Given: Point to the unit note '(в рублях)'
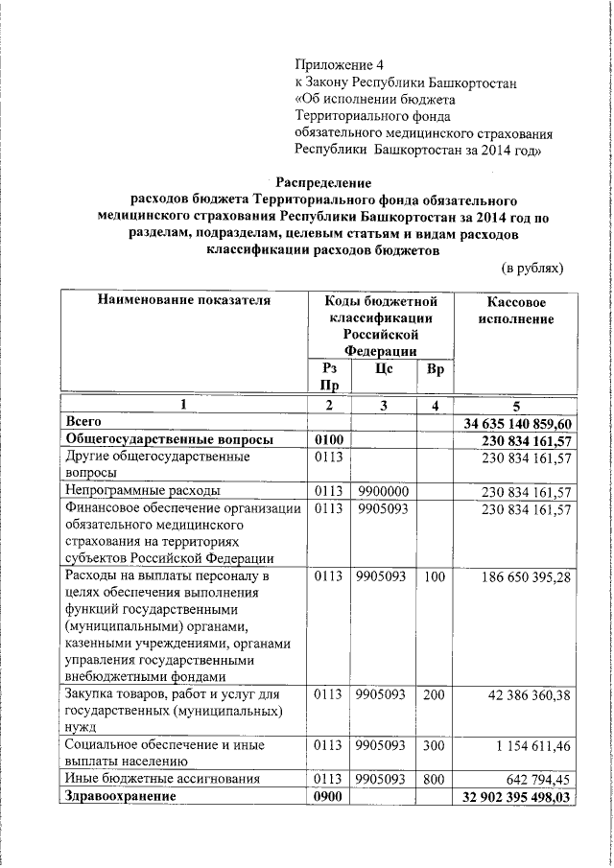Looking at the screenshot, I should pos(533,268).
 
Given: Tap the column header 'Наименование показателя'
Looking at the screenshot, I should pos(183,301).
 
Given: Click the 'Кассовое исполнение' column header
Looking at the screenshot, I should pos(515,310).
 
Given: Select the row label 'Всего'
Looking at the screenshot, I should pos(83,421).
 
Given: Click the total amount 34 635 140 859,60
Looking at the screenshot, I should pos(517,423).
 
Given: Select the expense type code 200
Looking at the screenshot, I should pos(435,693).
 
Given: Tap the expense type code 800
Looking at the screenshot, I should pos(435,779).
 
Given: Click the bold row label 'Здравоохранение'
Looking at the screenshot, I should pos(120,796).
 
